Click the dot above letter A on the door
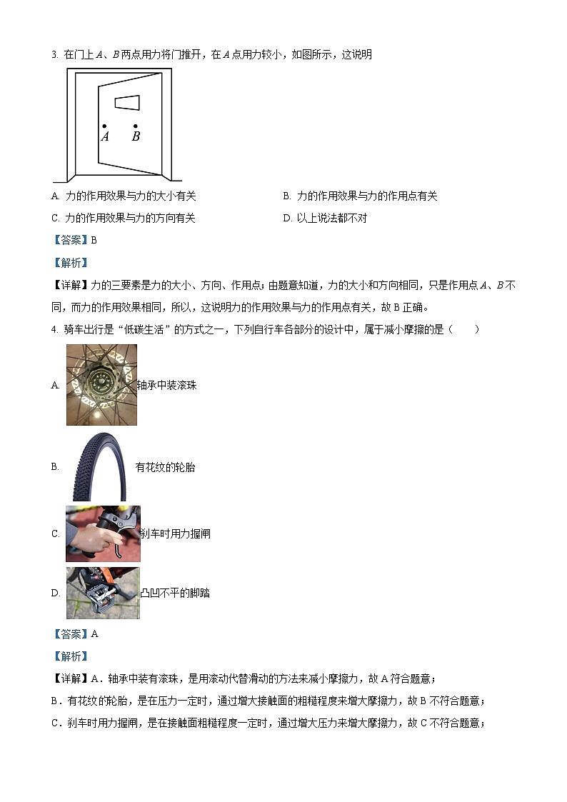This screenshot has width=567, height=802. tap(104, 126)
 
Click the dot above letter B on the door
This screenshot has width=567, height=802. tap(136, 126)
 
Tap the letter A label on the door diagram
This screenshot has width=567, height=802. tap(105, 136)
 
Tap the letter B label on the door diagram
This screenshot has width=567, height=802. tap(136, 136)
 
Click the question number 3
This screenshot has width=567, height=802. tap(54, 54)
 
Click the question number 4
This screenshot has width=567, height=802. tap(54, 329)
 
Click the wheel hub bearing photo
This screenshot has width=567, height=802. tap(101, 385)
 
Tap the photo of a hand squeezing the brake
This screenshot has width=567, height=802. tap(103, 533)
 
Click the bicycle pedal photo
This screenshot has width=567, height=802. tap(103, 593)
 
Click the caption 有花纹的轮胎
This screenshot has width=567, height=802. tap(165, 467)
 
